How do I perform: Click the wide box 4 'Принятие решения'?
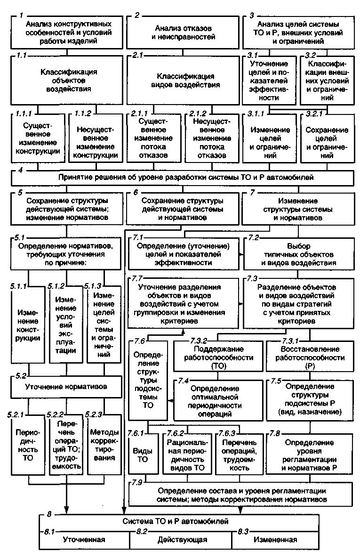coord(183,178)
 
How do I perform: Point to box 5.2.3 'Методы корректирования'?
coord(103,445)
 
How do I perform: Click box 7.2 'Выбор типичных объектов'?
coord(298,255)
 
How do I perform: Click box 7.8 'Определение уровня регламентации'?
coord(309,455)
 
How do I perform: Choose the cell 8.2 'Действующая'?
coord(183,539)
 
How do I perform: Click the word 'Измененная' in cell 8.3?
coord(275,539)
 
